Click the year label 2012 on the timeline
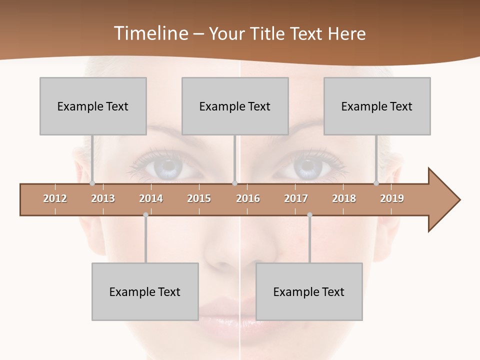pyautogui.click(x=55, y=198)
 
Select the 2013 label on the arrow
pyautogui.click(x=103, y=198)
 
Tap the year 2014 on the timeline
pyautogui.click(x=151, y=198)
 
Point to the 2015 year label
pyautogui.click(x=199, y=198)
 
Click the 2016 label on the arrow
pyautogui.click(x=248, y=198)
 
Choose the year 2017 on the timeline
pyautogui.click(x=296, y=198)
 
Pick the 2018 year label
pyautogui.click(x=344, y=198)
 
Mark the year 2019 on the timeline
pyautogui.click(x=392, y=198)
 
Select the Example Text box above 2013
pyautogui.click(x=93, y=106)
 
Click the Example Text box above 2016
pyautogui.click(x=235, y=106)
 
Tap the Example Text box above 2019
pyautogui.click(x=377, y=106)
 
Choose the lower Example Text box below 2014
pyautogui.click(x=145, y=291)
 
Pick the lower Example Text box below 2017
pyautogui.click(x=309, y=291)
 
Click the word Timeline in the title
pyautogui.click(x=150, y=33)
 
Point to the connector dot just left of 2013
pyautogui.click(x=92, y=183)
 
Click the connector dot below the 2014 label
pyautogui.click(x=145, y=215)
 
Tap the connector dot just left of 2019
pyautogui.click(x=376, y=183)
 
